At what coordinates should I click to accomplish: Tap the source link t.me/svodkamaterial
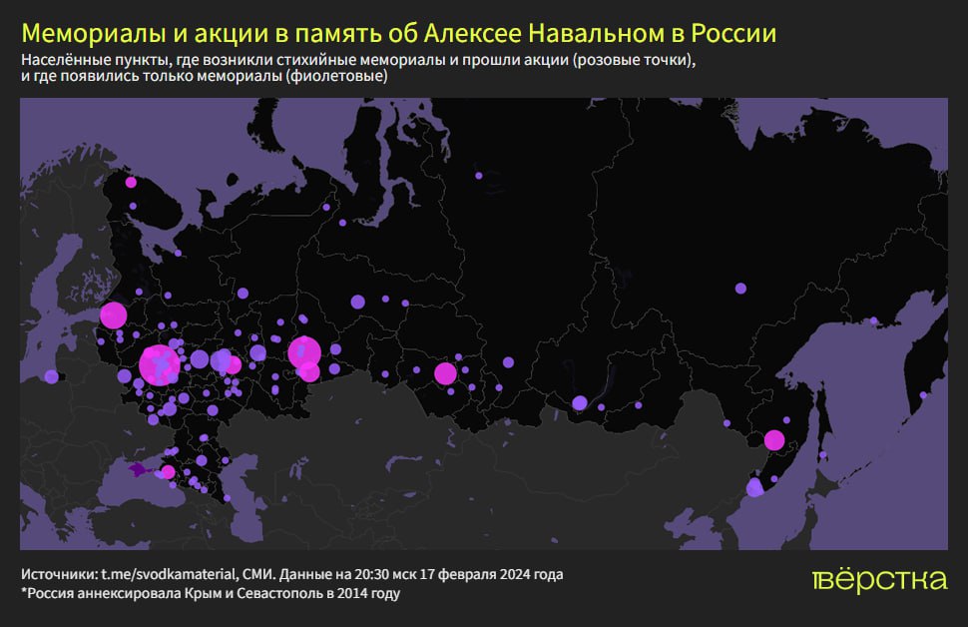tap(169, 575)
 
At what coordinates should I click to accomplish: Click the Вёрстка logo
tap(878, 580)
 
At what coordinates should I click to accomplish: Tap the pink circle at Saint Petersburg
tap(113, 315)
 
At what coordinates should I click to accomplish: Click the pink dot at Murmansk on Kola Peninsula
tap(131, 182)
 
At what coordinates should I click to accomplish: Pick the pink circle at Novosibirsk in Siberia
tap(445, 373)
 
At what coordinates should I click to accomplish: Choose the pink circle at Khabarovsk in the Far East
tap(773, 439)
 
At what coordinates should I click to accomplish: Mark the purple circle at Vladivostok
tap(754, 488)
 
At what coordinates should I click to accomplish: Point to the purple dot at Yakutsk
tap(740, 288)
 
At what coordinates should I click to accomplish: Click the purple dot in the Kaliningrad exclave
tap(51, 376)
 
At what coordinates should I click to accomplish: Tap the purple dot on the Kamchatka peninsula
tap(923, 395)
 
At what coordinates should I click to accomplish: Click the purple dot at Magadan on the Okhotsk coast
tap(873, 321)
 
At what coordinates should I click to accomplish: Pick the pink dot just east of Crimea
tap(168, 471)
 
